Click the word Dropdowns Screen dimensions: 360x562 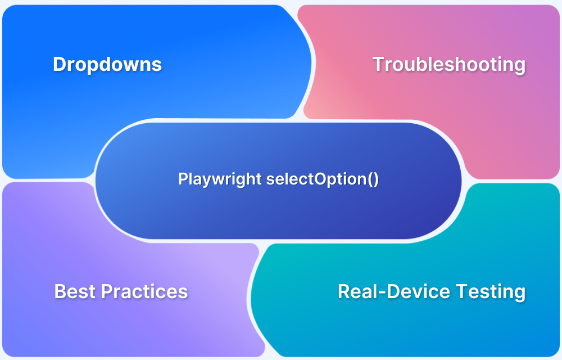point(107,64)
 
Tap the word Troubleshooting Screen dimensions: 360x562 point(449,64)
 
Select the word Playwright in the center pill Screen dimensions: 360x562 point(220,179)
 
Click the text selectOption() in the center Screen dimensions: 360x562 point(323,179)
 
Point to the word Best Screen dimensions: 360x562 point(75,291)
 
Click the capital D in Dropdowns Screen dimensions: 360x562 point(59,64)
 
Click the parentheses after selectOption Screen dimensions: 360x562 point(374,179)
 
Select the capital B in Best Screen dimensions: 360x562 point(60,291)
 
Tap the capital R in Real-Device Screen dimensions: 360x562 point(344,291)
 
